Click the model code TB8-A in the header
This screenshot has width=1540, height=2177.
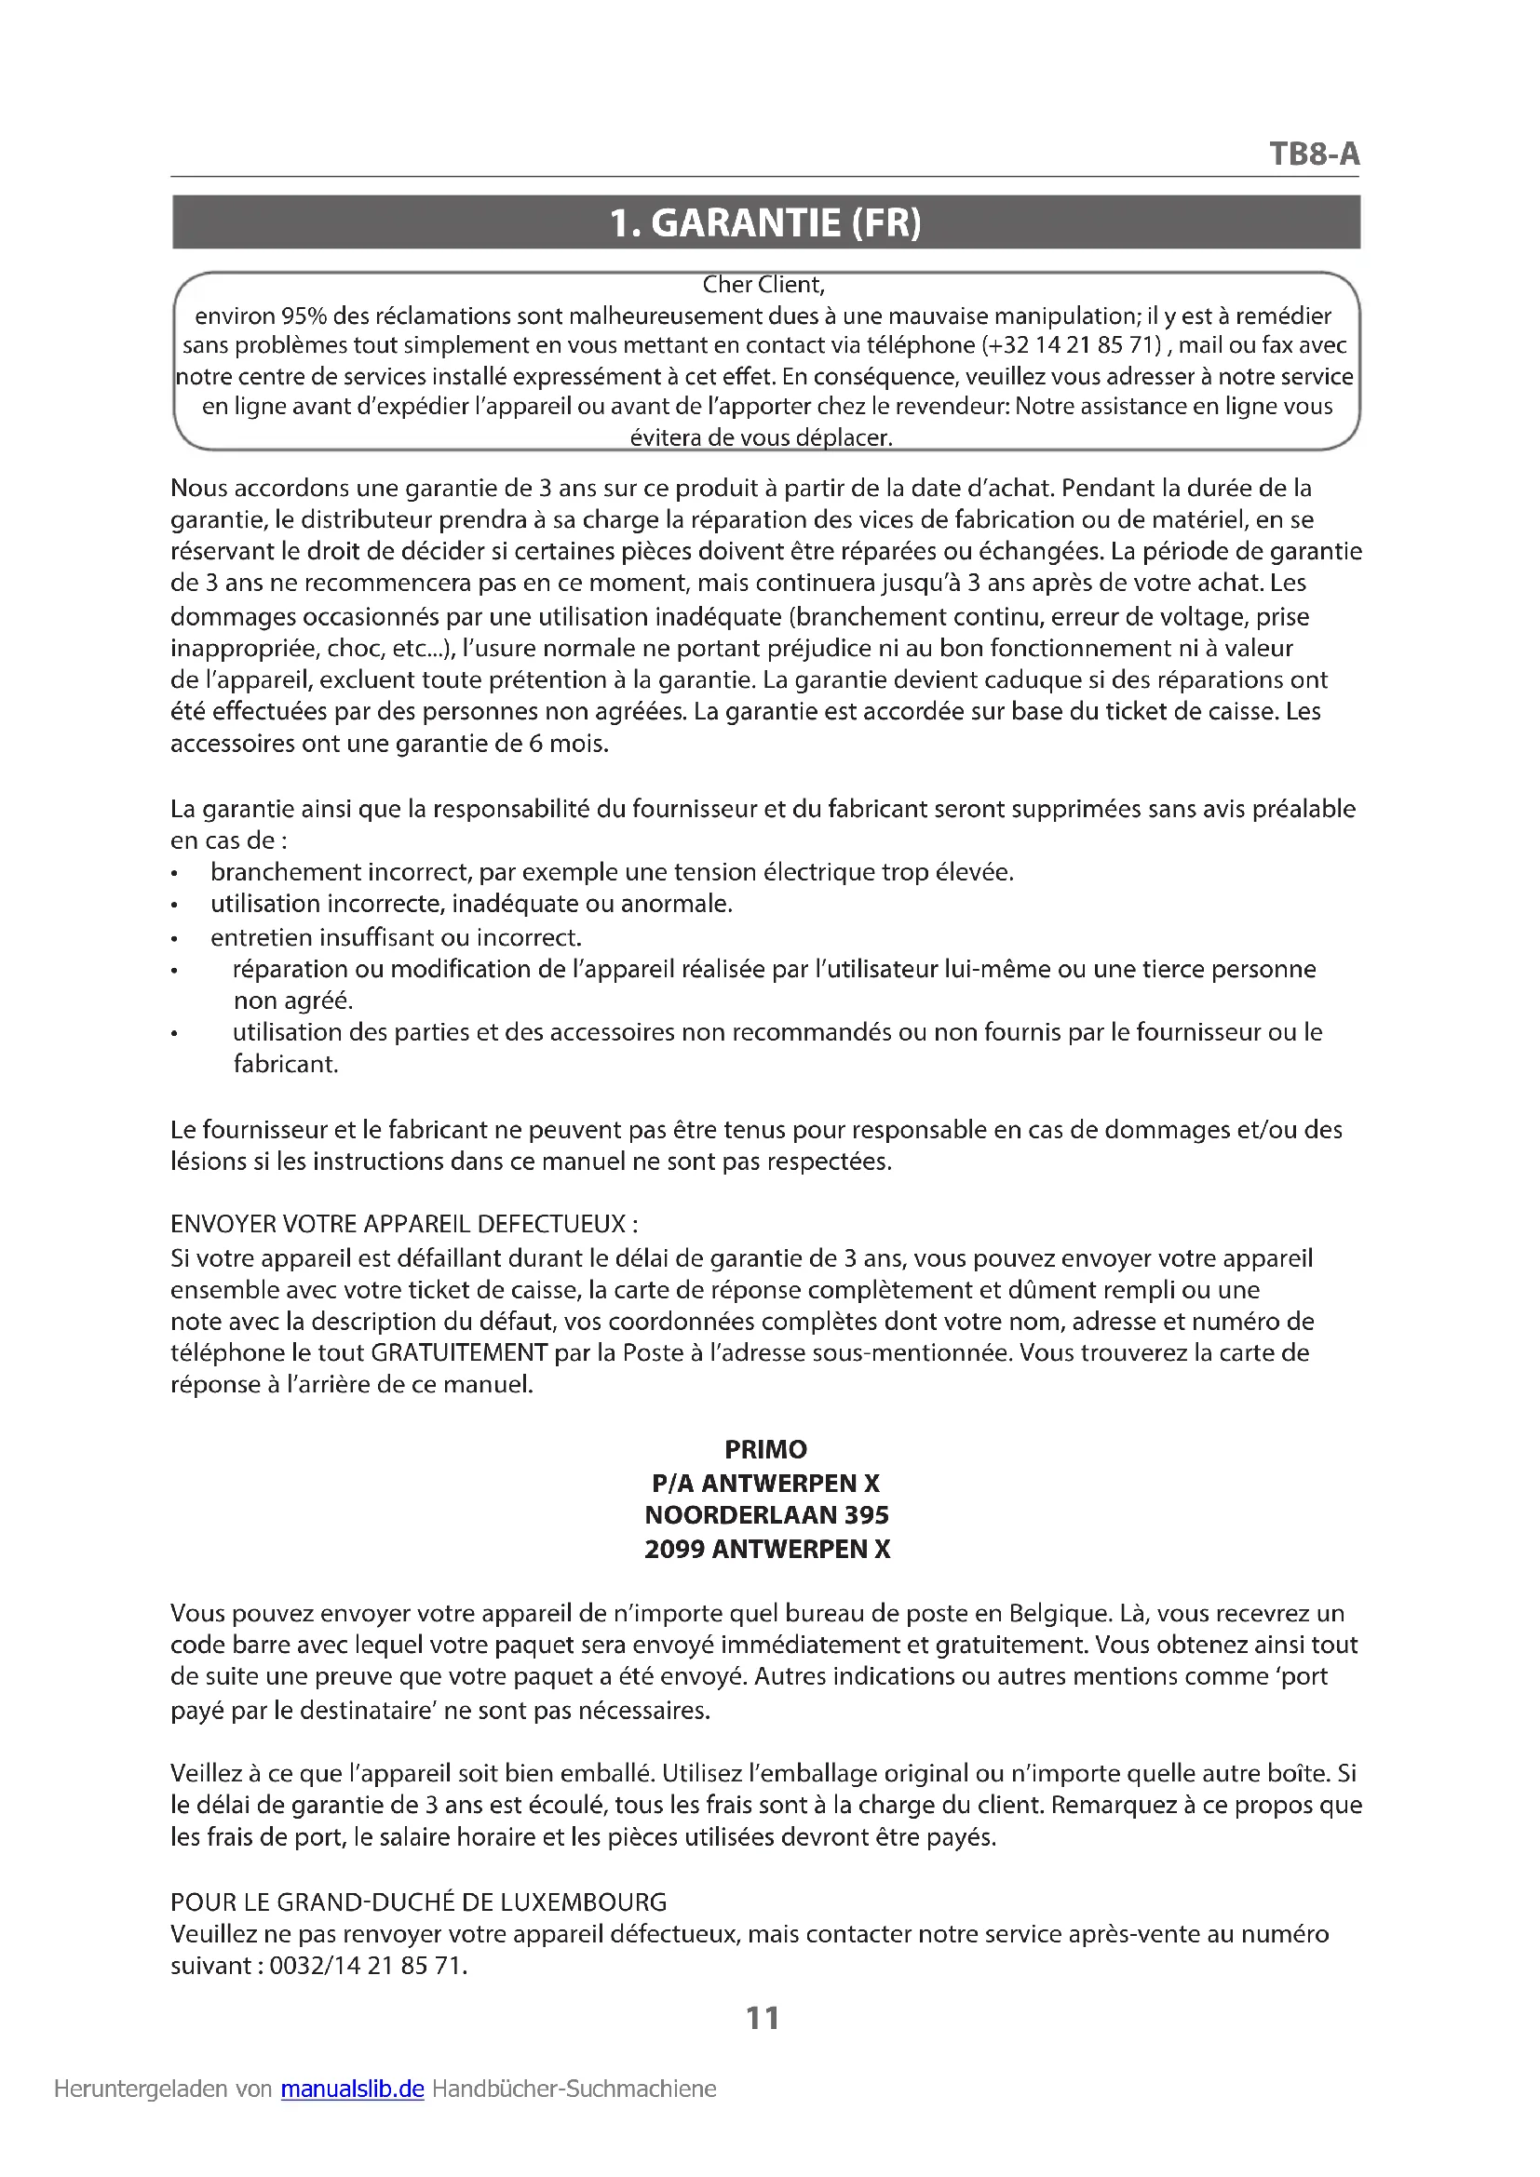tap(1315, 154)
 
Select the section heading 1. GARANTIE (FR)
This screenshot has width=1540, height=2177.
tap(765, 222)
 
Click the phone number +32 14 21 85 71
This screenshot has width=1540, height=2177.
tap(1072, 345)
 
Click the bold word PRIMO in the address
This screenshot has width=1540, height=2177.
tap(765, 1450)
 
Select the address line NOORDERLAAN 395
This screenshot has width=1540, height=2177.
tap(766, 1515)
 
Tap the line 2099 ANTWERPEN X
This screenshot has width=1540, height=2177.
tap(766, 1550)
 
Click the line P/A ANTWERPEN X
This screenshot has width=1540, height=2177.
tap(765, 1483)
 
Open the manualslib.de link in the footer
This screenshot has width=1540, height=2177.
tap(352, 2089)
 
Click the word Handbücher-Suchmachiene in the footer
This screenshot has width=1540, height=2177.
tap(574, 2089)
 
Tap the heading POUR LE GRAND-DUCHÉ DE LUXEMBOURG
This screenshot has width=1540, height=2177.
tap(418, 1902)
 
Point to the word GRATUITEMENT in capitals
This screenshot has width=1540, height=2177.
tap(459, 1352)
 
